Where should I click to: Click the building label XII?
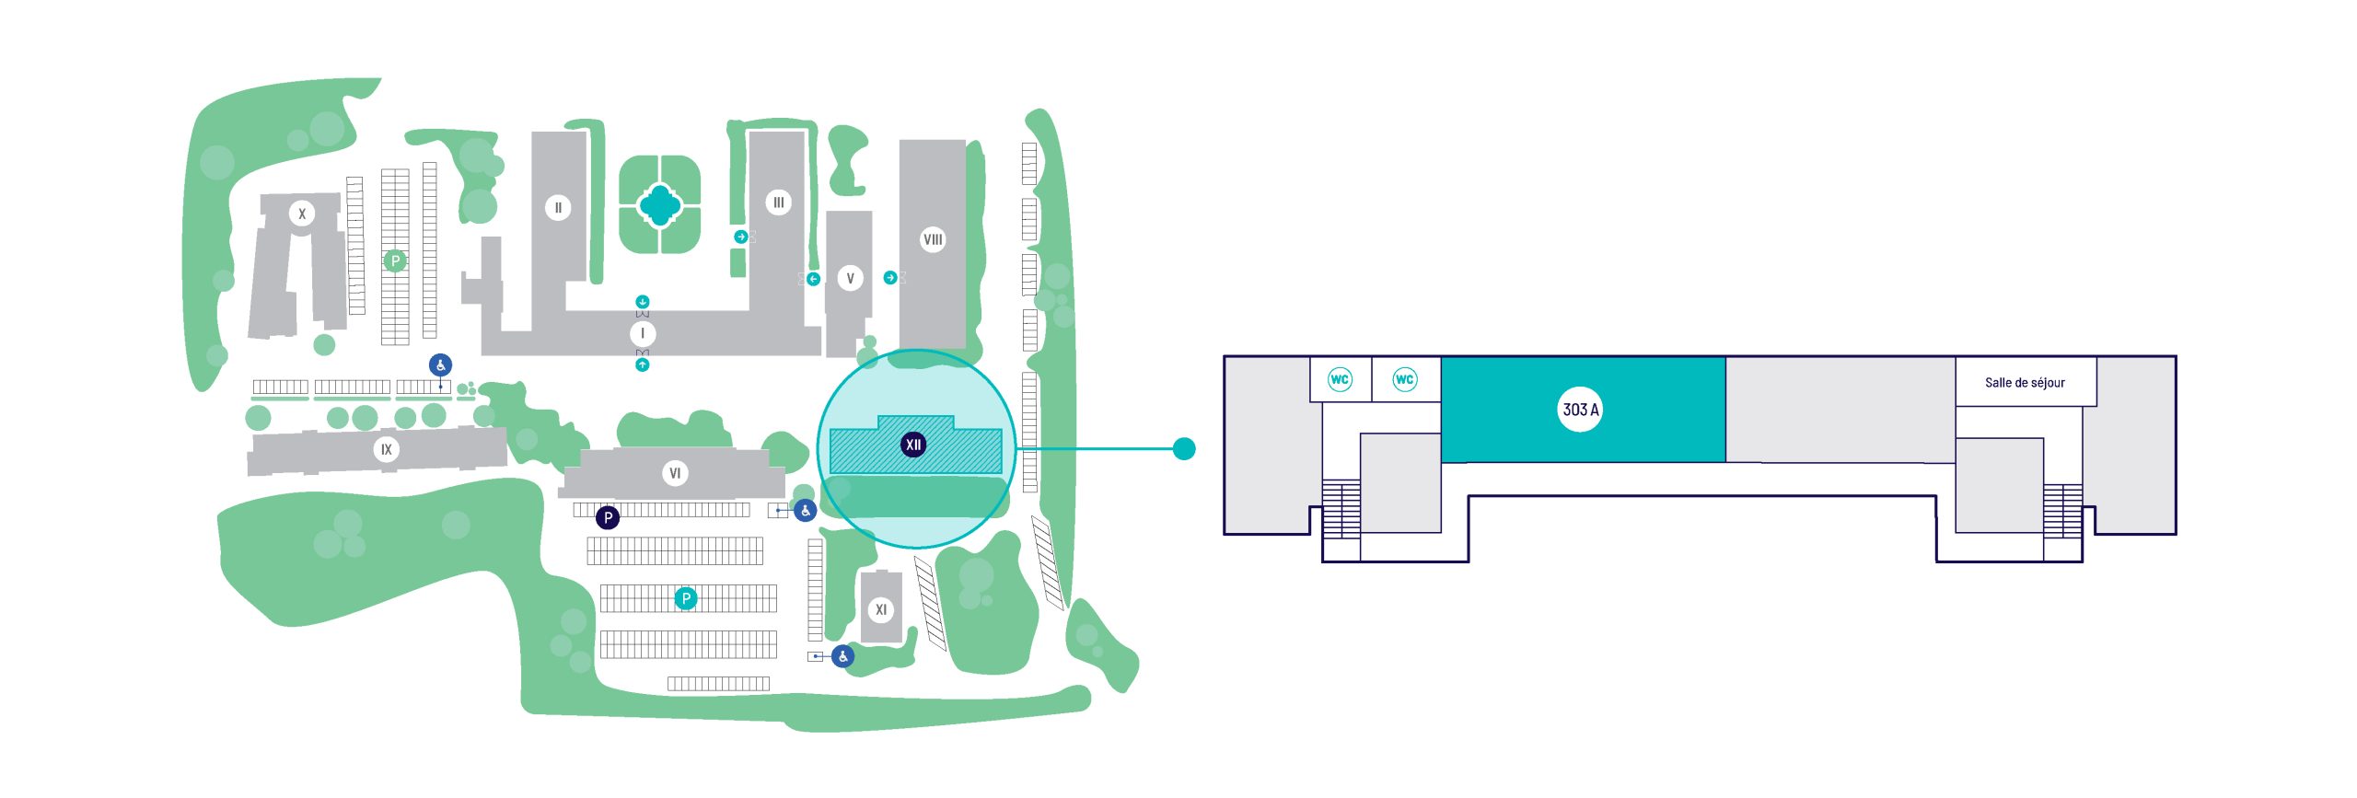coord(912,445)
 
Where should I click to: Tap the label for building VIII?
coord(933,239)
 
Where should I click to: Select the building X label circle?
coord(302,214)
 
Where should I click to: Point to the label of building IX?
coord(387,449)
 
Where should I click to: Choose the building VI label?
coord(675,473)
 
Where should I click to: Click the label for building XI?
coord(881,609)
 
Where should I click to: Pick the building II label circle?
coord(558,207)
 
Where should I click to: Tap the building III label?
coord(778,202)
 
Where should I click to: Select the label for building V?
coord(850,278)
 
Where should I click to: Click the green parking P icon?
coord(395,260)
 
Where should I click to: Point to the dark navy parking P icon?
coord(608,517)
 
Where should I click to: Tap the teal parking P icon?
coord(685,598)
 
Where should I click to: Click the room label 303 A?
coord(1581,410)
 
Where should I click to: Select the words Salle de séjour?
coord(2025,383)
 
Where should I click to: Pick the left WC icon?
coord(1340,379)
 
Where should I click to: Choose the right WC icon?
coord(1404,379)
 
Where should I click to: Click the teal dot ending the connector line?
coord(1185,448)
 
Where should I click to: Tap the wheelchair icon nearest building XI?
coord(842,656)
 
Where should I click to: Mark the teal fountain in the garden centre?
coord(659,204)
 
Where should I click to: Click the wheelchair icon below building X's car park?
coord(441,365)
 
